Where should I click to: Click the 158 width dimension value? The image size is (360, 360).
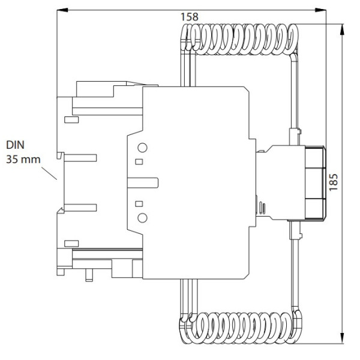pos(189,17)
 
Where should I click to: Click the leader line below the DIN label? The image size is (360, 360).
pos(49,173)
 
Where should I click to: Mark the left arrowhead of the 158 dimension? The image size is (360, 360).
pos(61,10)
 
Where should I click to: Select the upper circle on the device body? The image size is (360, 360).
pos(142,148)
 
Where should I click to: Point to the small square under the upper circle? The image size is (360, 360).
pos(139,161)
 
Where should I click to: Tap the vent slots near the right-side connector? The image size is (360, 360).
pos(263,208)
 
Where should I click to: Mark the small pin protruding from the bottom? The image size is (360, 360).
pos(89,274)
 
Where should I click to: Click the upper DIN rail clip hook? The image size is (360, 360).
pos(61,155)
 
